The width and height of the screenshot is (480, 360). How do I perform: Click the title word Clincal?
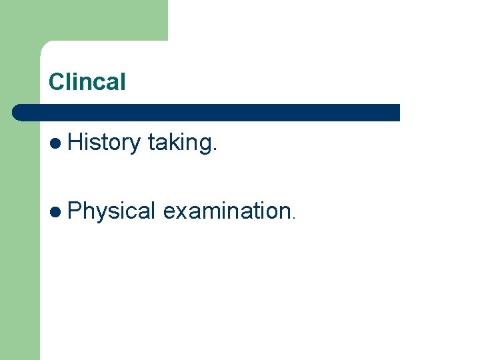(x=87, y=83)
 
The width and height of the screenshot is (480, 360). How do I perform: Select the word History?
(x=103, y=142)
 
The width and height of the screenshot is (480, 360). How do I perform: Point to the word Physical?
(x=112, y=211)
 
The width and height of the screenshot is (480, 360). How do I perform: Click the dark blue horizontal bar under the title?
(x=207, y=112)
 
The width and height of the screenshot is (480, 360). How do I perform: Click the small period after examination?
(x=292, y=218)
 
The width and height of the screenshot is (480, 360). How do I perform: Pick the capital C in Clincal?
(x=55, y=83)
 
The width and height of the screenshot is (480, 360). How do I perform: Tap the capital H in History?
(x=74, y=142)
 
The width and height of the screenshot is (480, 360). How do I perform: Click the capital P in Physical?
(x=74, y=211)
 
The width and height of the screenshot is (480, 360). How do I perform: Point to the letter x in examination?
(x=179, y=213)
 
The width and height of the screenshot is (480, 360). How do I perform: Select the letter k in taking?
(x=172, y=142)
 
